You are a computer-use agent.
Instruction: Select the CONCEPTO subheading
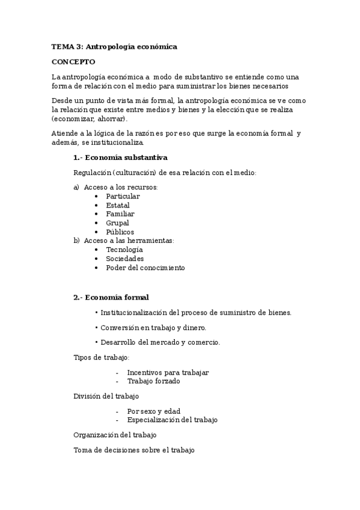tap(73, 62)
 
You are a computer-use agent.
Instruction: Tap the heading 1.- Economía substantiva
tap(120, 158)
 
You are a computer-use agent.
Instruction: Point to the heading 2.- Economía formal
tap(111, 297)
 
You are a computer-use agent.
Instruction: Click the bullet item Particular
tap(123, 196)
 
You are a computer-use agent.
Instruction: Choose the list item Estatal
tap(118, 205)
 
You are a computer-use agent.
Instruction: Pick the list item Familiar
tap(120, 214)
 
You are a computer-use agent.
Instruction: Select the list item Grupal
tap(118, 223)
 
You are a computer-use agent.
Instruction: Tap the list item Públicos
tap(120, 232)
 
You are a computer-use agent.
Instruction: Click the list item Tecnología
tap(124, 249)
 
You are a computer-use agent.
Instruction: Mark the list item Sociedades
tap(125, 259)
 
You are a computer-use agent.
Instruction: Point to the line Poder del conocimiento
tap(145, 268)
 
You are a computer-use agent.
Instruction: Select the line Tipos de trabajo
tap(102, 357)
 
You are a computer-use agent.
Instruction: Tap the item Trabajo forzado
tap(153, 381)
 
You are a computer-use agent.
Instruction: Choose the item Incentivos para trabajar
tap(168, 372)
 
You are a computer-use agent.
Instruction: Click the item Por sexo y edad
tap(154, 411)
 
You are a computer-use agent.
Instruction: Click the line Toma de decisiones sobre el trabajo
tap(134, 450)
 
